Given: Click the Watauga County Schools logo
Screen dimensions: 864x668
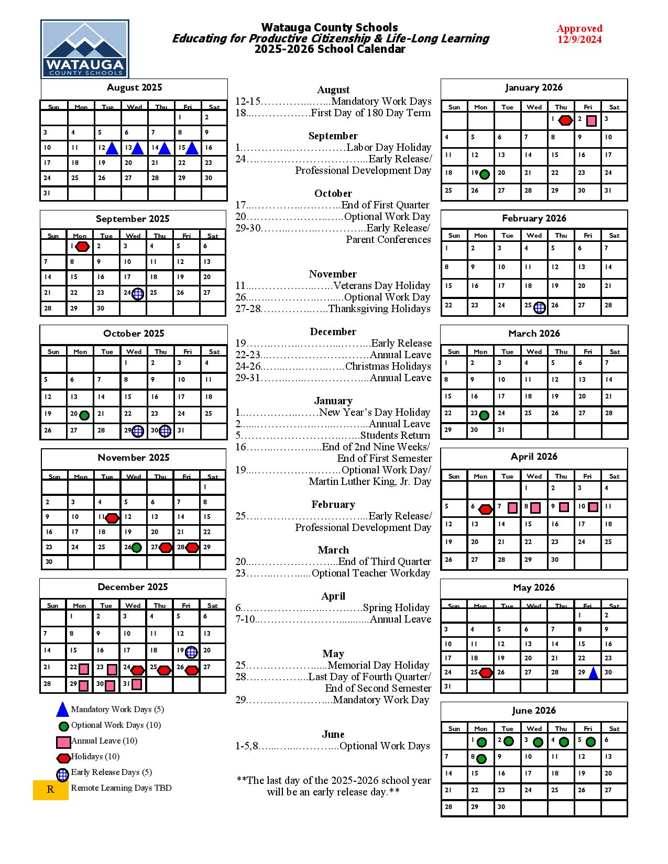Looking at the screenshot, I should [x=85, y=49].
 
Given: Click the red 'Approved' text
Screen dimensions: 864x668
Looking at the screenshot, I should [x=579, y=28].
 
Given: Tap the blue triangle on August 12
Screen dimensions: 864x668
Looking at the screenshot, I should [x=112, y=149].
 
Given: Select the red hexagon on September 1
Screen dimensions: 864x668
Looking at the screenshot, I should [x=83, y=247].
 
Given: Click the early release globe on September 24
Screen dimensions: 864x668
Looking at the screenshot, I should [x=138, y=294].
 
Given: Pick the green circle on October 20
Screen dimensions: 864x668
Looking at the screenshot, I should [x=84, y=415].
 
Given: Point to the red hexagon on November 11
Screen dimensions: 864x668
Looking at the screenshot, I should [x=112, y=518].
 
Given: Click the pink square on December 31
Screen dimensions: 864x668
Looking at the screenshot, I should [x=137, y=684].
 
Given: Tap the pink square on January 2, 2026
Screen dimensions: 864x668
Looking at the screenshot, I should [x=592, y=121].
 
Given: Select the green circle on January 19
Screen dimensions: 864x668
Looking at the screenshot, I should [x=485, y=174].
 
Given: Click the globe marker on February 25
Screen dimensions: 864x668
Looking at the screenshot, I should [x=540, y=307].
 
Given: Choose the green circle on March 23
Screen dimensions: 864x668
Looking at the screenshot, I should [x=484, y=415].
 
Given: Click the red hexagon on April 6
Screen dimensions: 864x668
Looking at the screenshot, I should [x=486, y=508].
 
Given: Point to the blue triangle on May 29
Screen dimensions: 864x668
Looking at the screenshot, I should [x=593, y=673].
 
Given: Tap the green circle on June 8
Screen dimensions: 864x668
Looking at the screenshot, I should [x=481, y=758].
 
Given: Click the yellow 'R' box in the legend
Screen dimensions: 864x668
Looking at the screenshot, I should [x=51, y=790].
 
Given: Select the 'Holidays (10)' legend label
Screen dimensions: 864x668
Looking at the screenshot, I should [x=95, y=756].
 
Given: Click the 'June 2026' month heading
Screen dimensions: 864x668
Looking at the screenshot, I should [x=533, y=711].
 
